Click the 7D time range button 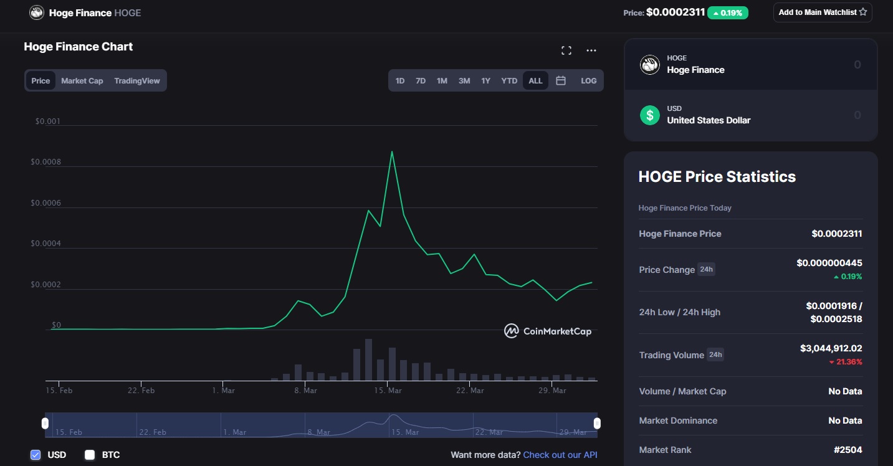[x=421, y=81]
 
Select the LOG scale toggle [x=588, y=81]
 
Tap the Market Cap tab [x=82, y=81]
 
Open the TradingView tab [x=137, y=81]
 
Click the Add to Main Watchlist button [x=822, y=12]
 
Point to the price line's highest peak [x=391, y=151]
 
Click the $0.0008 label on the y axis [x=46, y=162]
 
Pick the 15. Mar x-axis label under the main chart [x=388, y=391]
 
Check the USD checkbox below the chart [x=36, y=455]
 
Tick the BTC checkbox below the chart [x=90, y=455]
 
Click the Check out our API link [x=560, y=455]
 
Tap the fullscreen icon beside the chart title [x=566, y=50]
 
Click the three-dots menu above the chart [x=591, y=50]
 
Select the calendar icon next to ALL [x=561, y=81]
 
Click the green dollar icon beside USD [x=650, y=115]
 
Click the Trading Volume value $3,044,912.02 [x=831, y=348]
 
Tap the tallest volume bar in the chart [x=368, y=359]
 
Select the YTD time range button [x=509, y=81]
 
